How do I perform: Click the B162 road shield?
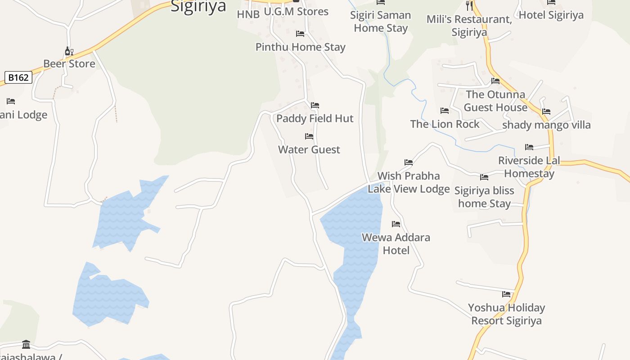coord(18,77)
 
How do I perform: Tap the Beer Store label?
coord(69,63)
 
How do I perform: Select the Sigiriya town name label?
coord(198,7)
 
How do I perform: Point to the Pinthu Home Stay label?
coord(300,47)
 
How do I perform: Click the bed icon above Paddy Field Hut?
coord(315,105)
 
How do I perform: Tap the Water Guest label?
coord(309,149)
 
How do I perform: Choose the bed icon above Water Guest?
coord(309,136)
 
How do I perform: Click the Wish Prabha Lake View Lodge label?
coord(409,182)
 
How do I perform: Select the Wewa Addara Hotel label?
coord(396,243)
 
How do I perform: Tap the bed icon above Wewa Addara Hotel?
coord(396,224)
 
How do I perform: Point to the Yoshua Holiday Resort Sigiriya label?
coord(506,314)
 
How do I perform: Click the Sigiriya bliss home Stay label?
coord(484,197)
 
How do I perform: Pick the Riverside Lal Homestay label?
coord(529,167)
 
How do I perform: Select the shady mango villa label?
coord(546,125)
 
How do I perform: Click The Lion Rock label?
coord(445,124)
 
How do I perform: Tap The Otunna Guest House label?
coord(495,101)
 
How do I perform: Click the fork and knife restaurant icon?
coord(469,5)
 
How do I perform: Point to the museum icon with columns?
coord(26,345)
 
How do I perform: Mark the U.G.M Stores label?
coord(296,12)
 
